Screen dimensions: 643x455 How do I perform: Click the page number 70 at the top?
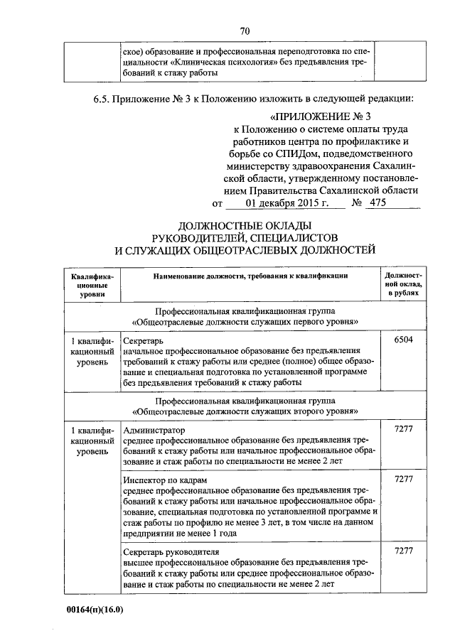(245, 31)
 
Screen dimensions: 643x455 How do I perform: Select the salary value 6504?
(403, 340)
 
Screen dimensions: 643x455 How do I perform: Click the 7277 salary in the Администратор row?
(403, 430)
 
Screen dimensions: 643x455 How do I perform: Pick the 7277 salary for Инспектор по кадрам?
(403, 480)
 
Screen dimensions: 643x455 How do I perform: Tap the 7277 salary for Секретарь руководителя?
(403, 551)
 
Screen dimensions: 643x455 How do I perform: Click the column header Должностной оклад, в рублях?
(403, 283)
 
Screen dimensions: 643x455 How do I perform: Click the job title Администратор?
(154, 431)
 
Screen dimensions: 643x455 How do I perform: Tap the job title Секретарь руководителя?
(171, 551)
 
